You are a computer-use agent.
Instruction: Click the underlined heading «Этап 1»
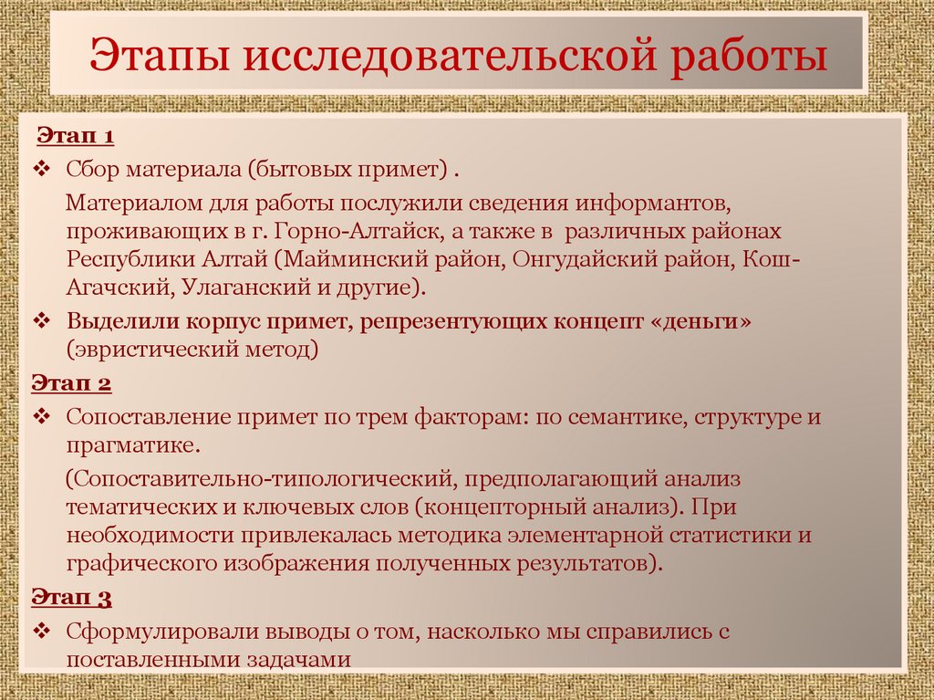[x=75, y=137]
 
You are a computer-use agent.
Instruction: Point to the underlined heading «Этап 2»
[x=72, y=383]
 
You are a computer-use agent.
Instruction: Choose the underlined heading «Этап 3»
[x=72, y=599]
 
